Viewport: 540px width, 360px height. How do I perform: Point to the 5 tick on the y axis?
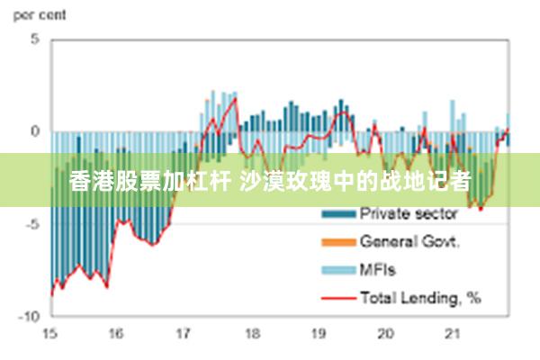[x=35, y=40]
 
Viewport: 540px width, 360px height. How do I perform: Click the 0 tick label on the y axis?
[x=35, y=131]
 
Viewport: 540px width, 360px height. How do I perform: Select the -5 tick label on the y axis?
[x=32, y=224]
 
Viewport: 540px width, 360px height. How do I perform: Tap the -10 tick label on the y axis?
[x=30, y=317]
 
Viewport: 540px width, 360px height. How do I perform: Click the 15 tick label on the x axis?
[x=49, y=334]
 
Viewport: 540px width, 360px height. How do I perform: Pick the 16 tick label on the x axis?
[x=116, y=334]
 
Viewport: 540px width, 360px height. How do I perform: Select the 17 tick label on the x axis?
[x=184, y=334]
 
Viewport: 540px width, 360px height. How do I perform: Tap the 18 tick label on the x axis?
[x=250, y=334]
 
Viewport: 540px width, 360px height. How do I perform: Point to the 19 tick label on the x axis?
[x=318, y=334]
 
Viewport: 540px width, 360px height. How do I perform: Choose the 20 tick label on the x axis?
[x=385, y=334]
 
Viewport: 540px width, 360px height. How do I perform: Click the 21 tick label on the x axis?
[x=452, y=334]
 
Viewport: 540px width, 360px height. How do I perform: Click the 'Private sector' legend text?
[x=409, y=214]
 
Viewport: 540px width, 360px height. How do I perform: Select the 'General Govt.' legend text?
[x=410, y=241]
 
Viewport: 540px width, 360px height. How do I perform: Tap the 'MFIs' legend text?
[x=378, y=269]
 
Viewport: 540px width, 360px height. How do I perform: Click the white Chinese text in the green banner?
[x=270, y=181]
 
